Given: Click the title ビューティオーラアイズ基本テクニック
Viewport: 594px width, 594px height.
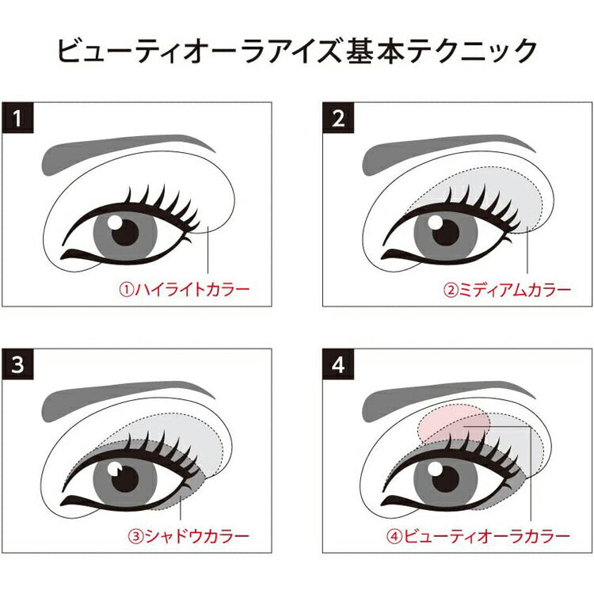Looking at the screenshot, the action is pyautogui.click(x=297, y=51).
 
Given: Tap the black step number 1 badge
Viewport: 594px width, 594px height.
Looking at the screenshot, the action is pyautogui.click(x=17, y=118).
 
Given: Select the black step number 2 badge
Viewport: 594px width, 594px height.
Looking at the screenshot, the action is pyautogui.click(x=338, y=118).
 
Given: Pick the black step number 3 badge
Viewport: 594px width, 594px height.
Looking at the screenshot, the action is pyautogui.click(x=17, y=364).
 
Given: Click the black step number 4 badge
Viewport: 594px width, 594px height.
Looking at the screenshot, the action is pyautogui.click(x=338, y=364).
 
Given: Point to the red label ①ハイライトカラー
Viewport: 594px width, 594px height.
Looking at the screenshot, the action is pyautogui.click(x=185, y=290).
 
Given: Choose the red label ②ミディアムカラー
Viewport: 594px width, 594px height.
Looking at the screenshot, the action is pyautogui.click(x=507, y=290).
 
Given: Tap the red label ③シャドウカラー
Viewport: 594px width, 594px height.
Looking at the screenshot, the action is pyautogui.click(x=188, y=536).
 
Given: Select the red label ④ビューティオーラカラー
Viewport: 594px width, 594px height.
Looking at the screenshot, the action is pyautogui.click(x=478, y=536).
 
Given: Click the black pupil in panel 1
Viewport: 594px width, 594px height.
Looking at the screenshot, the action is pyautogui.click(x=126, y=231).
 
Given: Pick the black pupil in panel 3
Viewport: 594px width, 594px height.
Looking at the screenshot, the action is pyautogui.click(x=126, y=478).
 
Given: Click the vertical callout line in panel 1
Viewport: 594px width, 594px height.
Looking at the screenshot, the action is pyautogui.click(x=208, y=249).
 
